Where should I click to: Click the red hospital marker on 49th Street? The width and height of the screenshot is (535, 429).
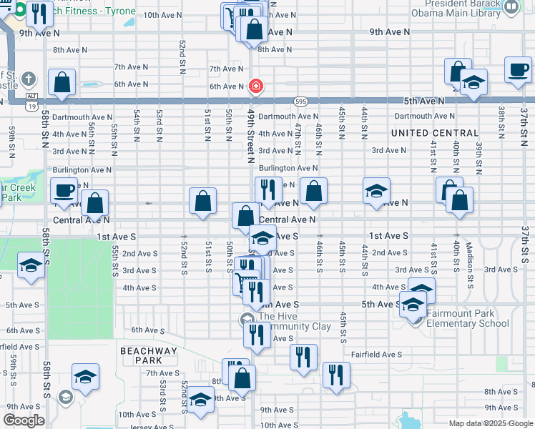(255, 87)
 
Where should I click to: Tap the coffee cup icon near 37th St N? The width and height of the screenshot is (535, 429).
(517, 70)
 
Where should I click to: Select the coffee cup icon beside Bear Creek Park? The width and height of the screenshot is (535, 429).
(64, 191)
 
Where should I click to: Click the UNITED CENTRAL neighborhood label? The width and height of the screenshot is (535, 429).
(435, 133)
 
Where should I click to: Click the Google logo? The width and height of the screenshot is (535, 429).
(24, 420)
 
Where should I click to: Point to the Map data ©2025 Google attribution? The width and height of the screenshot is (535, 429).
(490, 423)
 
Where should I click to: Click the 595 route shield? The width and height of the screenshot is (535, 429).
(300, 102)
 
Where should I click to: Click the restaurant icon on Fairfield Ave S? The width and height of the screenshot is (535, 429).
(303, 357)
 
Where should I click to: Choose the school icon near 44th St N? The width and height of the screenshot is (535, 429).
(376, 191)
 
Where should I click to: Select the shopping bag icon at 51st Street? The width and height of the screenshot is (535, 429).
(203, 201)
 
